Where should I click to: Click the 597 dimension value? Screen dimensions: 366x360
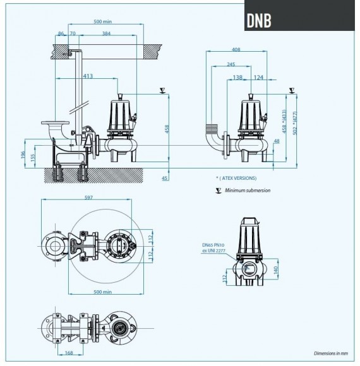pos(88,198)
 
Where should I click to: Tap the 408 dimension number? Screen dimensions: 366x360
pos(236,49)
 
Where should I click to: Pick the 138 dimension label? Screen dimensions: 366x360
pos(237,77)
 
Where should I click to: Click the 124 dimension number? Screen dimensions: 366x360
pos(258,77)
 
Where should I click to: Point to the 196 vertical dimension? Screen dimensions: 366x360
pos(23,155)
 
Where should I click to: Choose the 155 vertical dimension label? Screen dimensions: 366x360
pos(33,158)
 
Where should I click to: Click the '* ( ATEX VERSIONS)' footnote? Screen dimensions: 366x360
pos(236,179)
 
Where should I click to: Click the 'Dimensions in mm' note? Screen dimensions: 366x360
pos(331,353)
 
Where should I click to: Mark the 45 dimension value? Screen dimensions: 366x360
pos(165,179)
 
